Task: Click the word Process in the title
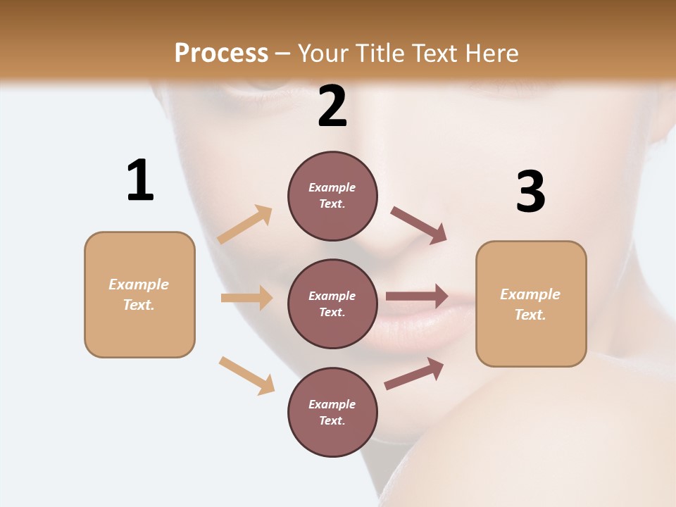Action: (221, 53)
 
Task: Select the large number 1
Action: (140, 180)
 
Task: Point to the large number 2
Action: (332, 106)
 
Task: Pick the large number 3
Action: (530, 192)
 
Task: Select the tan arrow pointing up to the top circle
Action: (245, 225)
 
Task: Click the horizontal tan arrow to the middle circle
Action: (246, 298)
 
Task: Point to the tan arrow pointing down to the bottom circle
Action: (246, 375)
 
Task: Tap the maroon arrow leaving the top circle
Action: (418, 225)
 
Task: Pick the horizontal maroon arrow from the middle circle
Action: (416, 296)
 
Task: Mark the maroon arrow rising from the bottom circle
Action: (414, 373)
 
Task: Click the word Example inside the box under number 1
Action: (139, 284)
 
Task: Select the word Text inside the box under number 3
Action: (530, 315)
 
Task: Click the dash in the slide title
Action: (283, 54)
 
